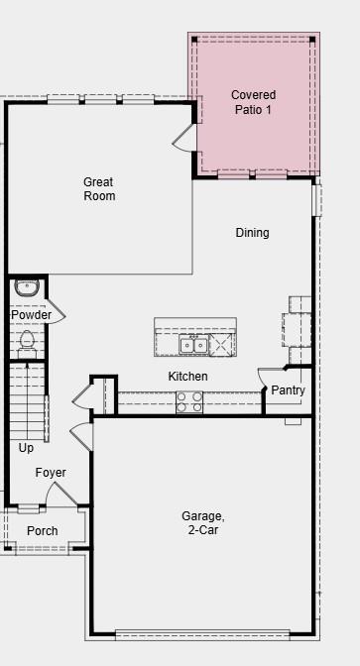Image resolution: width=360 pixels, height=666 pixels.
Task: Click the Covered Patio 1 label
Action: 253,102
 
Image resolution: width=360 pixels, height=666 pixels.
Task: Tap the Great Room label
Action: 98,188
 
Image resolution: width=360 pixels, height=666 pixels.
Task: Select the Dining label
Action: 252,233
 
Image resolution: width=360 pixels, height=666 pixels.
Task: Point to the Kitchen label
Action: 187,377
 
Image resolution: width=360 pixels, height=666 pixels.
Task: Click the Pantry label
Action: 288,390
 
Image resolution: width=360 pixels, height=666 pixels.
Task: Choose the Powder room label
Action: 31,315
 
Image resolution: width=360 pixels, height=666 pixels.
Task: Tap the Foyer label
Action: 51,473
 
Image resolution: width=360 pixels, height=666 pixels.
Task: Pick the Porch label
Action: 42,531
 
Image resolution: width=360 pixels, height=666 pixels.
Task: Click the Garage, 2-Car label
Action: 202,522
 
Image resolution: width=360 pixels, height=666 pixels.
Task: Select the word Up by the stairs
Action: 26,448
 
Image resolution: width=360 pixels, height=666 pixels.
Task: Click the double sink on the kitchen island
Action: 193,344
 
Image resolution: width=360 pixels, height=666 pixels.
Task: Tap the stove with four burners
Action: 189,401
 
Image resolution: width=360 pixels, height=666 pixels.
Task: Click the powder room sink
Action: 27,288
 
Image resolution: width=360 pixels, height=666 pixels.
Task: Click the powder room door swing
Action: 56,313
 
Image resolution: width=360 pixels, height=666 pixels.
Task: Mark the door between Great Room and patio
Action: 184,139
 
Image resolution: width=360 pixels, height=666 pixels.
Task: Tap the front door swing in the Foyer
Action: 60,495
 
